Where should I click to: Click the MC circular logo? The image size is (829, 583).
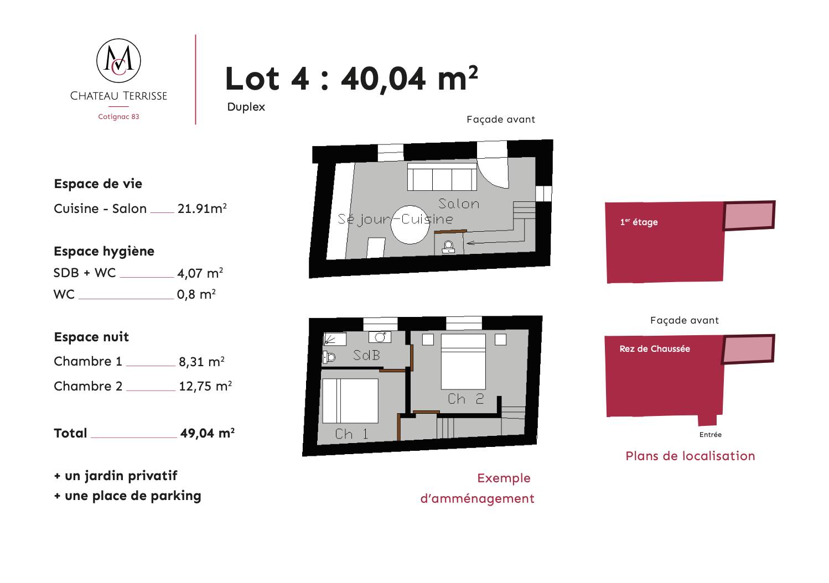(x=118, y=61)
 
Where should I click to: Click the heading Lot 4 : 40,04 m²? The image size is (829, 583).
(x=351, y=78)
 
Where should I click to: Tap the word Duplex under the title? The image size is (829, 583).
(x=246, y=107)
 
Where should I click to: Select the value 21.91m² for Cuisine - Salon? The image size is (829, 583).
(x=202, y=209)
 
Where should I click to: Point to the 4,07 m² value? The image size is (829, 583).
(x=200, y=273)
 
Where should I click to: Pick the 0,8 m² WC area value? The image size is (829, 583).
(x=196, y=294)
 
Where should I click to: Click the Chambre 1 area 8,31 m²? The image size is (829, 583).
(x=201, y=361)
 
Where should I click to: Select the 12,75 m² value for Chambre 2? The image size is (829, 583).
(x=205, y=386)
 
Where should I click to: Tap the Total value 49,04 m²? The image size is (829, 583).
(x=207, y=433)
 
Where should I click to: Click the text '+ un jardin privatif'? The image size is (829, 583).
(x=116, y=476)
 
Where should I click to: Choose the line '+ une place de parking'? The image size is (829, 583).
(x=128, y=496)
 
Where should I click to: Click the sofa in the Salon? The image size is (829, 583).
(x=442, y=177)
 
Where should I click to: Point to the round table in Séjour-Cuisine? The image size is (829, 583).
(x=410, y=225)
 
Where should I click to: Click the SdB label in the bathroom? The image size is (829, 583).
(x=366, y=355)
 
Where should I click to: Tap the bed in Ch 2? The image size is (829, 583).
(x=463, y=361)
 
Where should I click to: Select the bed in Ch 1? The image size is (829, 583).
(x=350, y=400)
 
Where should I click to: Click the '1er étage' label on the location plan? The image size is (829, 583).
(x=639, y=222)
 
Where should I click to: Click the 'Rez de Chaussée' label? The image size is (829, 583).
(x=655, y=349)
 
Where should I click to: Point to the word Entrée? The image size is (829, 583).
(x=710, y=435)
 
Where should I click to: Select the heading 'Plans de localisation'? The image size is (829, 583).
(x=690, y=456)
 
